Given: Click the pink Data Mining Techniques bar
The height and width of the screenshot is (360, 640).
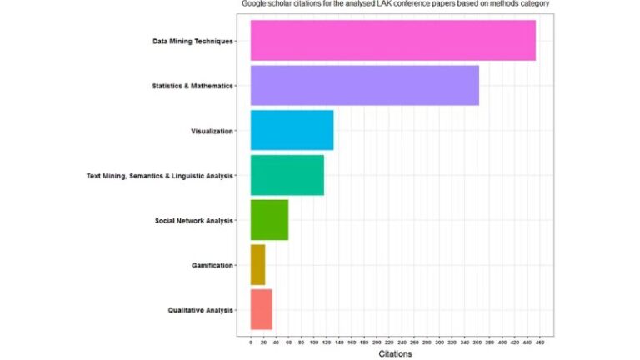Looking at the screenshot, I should click(392, 41).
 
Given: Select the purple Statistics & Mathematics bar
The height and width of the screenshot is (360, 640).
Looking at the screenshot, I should click(364, 86).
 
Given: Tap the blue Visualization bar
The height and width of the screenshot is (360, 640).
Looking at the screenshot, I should click(292, 131).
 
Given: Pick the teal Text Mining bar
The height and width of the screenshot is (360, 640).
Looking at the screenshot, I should click(287, 175).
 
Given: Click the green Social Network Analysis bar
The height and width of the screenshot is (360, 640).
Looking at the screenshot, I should click(269, 220).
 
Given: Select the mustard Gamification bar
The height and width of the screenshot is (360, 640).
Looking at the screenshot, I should click(257, 265).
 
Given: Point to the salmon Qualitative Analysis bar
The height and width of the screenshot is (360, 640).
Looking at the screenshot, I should click(261, 309).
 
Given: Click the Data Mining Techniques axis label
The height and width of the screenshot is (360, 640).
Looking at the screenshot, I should click(192, 41).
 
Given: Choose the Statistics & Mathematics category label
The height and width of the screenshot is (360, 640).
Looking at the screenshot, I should click(192, 86).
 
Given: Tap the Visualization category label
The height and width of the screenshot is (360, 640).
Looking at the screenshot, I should click(212, 131).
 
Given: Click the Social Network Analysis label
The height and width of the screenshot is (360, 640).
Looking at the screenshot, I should click(193, 221).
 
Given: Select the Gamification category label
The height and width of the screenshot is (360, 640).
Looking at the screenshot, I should click(212, 266).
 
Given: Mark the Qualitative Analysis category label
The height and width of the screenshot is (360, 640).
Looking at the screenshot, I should click(200, 310).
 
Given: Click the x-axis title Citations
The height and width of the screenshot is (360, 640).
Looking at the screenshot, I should click(395, 354).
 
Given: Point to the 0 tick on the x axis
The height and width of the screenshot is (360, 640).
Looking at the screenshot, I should click(251, 341).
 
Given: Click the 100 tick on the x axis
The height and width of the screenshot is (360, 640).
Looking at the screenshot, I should click(313, 341).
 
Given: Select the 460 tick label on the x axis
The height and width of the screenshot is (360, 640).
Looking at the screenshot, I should click(539, 341).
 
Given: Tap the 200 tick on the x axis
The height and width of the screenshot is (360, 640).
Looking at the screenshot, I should click(377, 341).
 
